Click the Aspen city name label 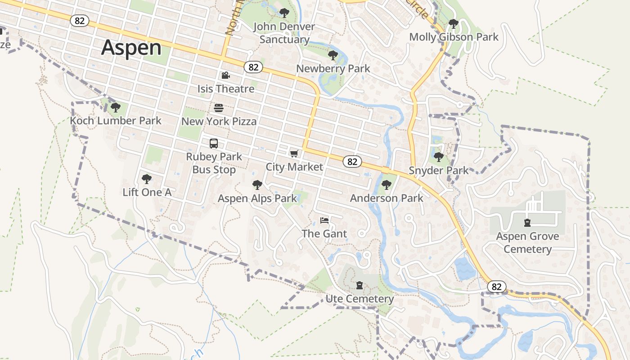tap(131, 48)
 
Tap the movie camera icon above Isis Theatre tap(225, 75)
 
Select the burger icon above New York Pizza tap(219, 108)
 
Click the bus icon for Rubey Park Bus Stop tap(214, 144)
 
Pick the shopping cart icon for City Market tap(294, 154)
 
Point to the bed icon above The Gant tap(324, 220)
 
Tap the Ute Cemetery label tap(360, 299)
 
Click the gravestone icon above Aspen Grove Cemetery tap(527, 222)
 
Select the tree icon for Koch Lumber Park tap(116, 108)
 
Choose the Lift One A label tap(147, 192)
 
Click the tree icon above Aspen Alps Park tap(257, 185)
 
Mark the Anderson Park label tap(387, 198)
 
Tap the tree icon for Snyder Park tap(439, 157)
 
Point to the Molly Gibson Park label tap(454, 37)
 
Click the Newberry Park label tap(333, 68)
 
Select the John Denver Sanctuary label tap(284, 33)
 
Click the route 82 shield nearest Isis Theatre tap(253, 67)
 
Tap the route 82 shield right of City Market tap(352, 162)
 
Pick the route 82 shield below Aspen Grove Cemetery tap(496, 287)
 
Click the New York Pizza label tap(219, 121)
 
